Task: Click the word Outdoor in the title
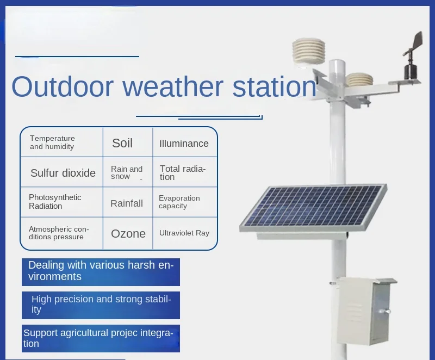tap(63, 86)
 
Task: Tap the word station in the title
tap(274, 86)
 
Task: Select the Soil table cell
tap(128, 142)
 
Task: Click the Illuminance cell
tap(185, 142)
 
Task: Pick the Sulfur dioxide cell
tap(62, 172)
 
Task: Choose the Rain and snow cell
tap(128, 172)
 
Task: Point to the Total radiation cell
tap(185, 172)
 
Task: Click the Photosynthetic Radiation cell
tap(62, 202)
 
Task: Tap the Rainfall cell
tap(128, 202)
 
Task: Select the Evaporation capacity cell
tap(185, 202)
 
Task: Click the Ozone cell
tap(128, 233)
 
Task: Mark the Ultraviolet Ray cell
tap(185, 233)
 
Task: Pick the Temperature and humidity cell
tap(62, 142)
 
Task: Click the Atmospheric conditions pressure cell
tap(62, 233)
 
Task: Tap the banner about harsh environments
tap(101, 272)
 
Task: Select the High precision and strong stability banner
tap(101, 305)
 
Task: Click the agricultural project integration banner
tap(101, 338)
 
